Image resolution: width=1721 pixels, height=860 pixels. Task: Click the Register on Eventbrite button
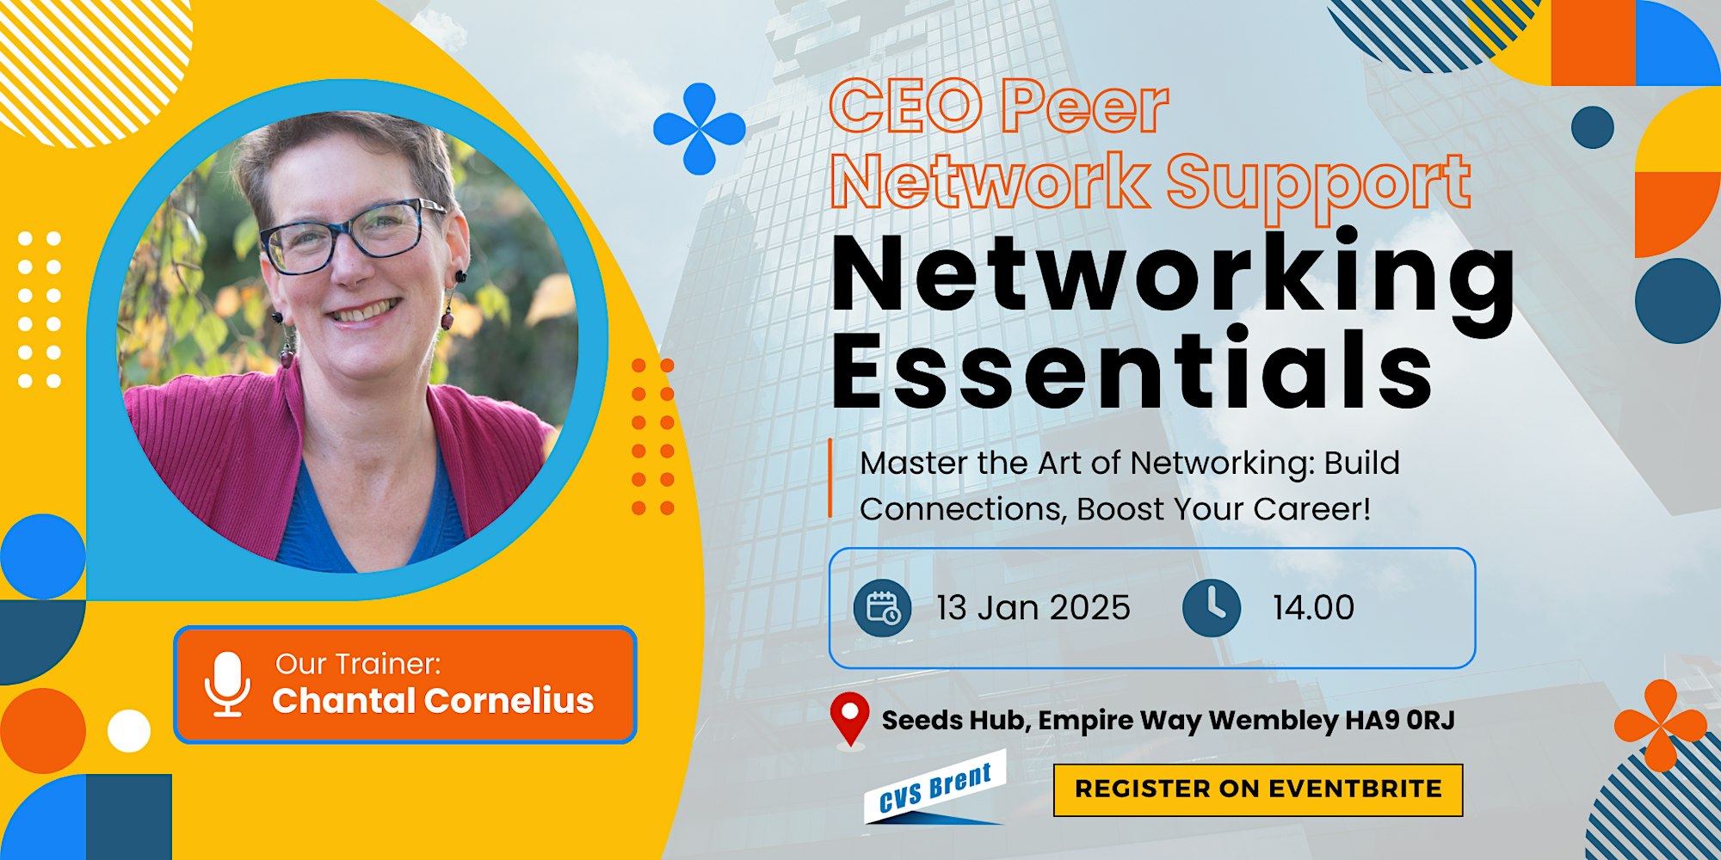[1258, 789]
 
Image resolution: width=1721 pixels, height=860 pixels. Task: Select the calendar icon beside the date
[882, 608]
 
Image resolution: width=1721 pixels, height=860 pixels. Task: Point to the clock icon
[1212, 608]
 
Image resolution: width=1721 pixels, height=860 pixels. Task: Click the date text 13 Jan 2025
[1033, 608]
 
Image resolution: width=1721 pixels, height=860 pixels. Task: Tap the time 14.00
[1313, 608]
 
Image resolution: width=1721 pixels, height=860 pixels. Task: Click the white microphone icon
[227, 685]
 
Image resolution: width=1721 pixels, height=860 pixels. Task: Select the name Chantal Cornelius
[433, 701]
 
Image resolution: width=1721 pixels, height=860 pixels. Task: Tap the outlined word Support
[1318, 185]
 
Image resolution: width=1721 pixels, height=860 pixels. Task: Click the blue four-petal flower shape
[700, 129]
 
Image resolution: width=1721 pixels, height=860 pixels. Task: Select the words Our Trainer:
[358, 664]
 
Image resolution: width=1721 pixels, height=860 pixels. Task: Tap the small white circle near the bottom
[129, 731]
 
